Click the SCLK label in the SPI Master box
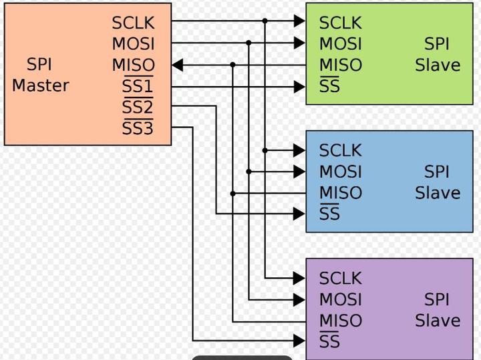133,23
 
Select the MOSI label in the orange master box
133,44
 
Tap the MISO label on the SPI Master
133,65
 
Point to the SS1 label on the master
138,87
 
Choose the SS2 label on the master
138,108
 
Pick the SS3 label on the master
138,128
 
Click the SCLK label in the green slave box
340,23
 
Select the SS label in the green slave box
329,87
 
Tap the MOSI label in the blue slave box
340,172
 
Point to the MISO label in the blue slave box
340,193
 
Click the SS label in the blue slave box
329,214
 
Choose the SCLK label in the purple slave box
340,278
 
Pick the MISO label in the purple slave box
340,321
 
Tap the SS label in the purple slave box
329,342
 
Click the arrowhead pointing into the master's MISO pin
177,65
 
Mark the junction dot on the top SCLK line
265,21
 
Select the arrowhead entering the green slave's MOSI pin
300,43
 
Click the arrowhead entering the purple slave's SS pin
300,341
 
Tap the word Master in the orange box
40,85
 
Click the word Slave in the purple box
438,321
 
